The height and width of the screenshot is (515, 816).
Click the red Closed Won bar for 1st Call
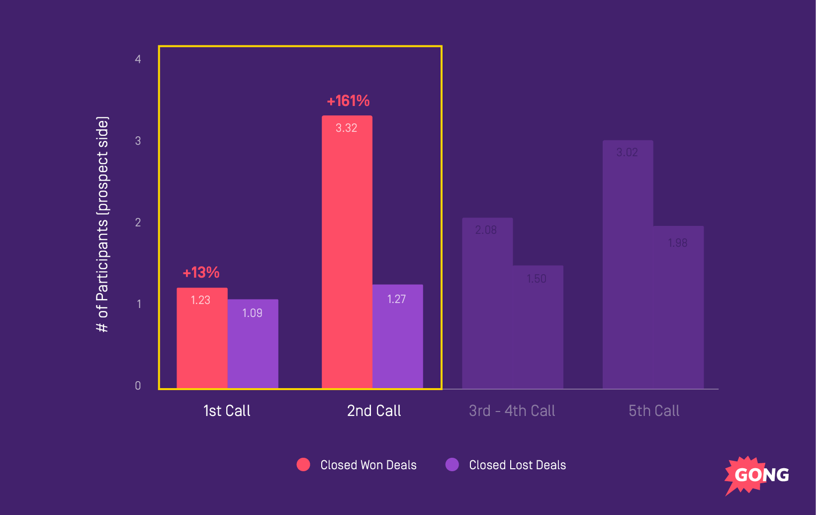click(202, 338)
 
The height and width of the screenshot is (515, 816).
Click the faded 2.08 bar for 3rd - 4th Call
click(487, 304)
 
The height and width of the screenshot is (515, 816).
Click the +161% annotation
click(348, 101)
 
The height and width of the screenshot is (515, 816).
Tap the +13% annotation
click(201, 273)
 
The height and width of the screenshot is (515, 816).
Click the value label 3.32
click(347, 128)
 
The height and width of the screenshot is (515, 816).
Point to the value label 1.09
click(252, 313)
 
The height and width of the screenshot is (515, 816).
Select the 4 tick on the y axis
click(138, 59)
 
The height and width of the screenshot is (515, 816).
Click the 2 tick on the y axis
click(138, 222)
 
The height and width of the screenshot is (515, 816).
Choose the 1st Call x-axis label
click(227, 411)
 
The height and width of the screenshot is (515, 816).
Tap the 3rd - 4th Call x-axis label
click(512, 411)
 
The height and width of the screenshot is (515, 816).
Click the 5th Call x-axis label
click(653, 411)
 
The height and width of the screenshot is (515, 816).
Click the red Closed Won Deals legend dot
click(303, 464)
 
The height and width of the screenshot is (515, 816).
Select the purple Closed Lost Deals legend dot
click(452, 464)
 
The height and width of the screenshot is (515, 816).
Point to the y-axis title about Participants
click(102, 224)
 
